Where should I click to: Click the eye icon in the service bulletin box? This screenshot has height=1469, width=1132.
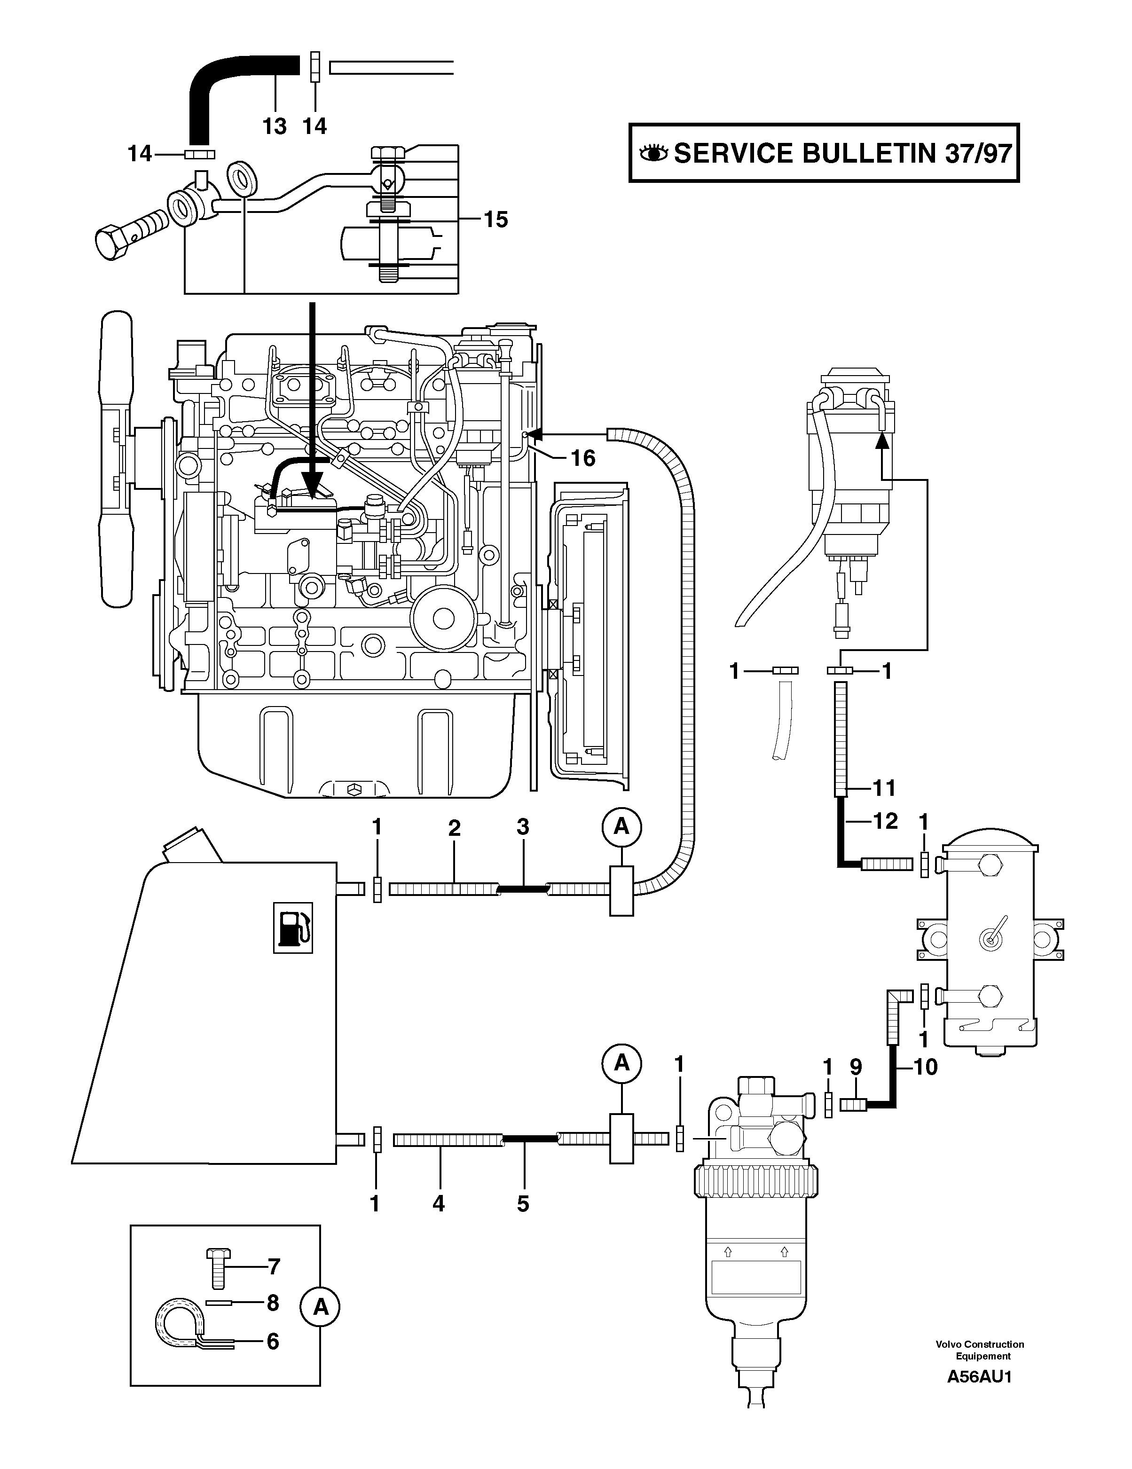[653, 154]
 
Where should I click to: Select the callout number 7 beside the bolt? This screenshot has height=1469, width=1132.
[273, 1267]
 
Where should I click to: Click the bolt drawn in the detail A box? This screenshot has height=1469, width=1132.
[217, 1268]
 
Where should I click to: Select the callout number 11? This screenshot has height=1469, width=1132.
[884, 788]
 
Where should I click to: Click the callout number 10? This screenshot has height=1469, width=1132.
[926, 1067]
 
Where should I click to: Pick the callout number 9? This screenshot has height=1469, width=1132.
[856, 1067]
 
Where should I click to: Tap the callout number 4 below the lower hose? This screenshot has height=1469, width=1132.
[439, 1203]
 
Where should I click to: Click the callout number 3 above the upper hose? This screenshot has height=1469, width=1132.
[523, 828]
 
